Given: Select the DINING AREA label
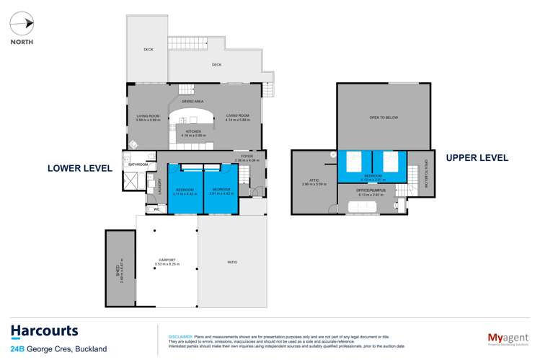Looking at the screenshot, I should pos(193,102).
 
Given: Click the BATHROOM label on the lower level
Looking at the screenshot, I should pos(138,165).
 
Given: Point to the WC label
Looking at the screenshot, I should pos(155,210).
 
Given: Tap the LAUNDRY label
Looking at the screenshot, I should pos(159,187).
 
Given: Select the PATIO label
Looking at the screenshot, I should pos(231,262).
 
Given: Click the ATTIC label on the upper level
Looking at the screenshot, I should pos(313,182).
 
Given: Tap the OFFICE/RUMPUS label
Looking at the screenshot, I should pos(372,190).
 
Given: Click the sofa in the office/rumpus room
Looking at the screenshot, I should pos(371,207).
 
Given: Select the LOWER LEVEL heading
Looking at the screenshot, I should pos(79,168).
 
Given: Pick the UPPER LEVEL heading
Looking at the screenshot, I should pos(477,157).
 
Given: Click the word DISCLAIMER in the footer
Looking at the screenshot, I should pos(180,336).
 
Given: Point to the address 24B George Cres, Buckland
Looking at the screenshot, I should pos(58,349).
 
